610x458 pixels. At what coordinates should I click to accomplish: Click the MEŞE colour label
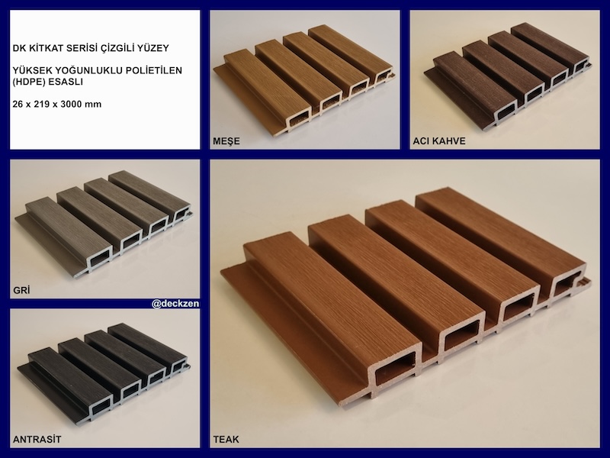[x=226, y=141]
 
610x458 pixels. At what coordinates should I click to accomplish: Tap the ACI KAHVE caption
[x=439, y=141]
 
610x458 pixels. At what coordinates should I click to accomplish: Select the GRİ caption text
[x=21, y=290]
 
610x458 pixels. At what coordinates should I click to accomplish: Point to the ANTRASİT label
[x=37, y=440]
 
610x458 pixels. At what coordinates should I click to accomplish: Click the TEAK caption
[x=226, y=440]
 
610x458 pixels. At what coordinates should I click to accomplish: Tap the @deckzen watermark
[x=175, y=303]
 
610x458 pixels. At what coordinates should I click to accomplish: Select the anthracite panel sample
[x=104, y=373]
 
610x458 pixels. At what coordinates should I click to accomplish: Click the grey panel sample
[x=104, y=224]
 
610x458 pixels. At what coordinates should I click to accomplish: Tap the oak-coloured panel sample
[x=305, y=80]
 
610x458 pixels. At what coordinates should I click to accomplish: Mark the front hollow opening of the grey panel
[x=101, y=259]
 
